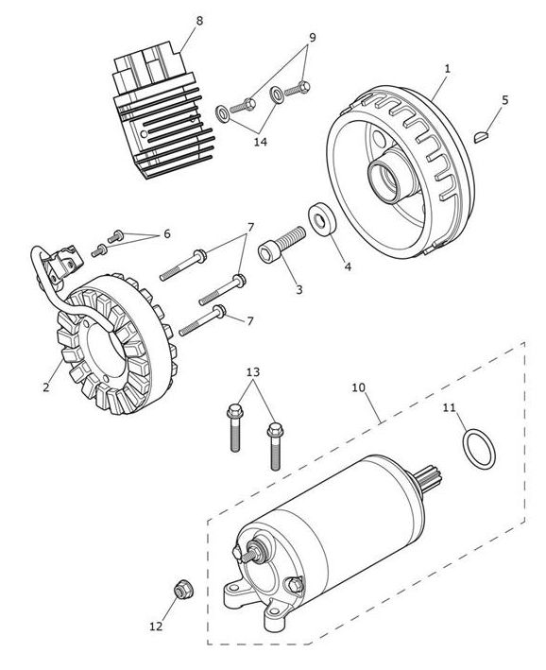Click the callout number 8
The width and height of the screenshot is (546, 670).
point(199,21)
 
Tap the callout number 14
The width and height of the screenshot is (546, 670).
point(260,142)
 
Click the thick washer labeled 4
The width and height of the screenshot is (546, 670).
point(322,219)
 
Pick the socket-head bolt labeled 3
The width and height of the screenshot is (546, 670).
point(282,245)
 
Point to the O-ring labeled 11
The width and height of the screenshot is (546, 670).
point(479,450)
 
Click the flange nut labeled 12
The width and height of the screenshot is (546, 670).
point(183,590)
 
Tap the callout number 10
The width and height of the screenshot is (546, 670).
point(359,387)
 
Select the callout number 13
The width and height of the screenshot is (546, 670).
point(252,372)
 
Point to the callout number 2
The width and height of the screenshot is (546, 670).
point(46,387)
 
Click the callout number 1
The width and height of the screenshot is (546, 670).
point(448,68)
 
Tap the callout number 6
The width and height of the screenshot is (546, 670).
point(166,233)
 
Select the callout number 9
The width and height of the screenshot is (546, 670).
point(313,38)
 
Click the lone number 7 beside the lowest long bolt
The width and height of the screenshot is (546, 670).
point(250,321)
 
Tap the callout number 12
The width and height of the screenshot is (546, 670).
point(156,627)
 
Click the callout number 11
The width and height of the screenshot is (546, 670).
point(449,408)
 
